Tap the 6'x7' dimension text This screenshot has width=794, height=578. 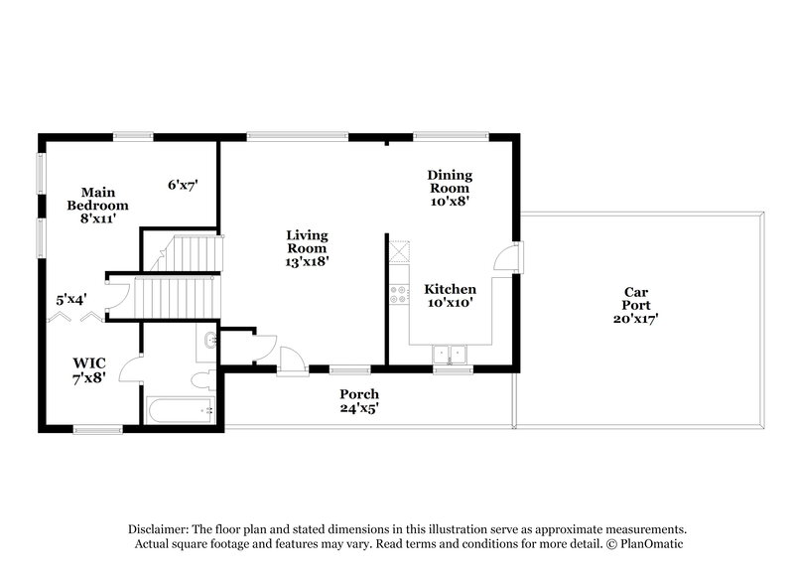click(x=183, y=185)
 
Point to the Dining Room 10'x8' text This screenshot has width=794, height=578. click(x=449, y=187)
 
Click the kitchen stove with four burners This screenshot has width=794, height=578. click(x=399, y=294)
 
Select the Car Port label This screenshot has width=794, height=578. click(x=635, y=305)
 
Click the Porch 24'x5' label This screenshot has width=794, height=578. click(x=358, y=401)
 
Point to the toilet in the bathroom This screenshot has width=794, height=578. click(x=202, y=380)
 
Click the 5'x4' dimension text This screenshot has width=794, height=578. click(x=71, y=297)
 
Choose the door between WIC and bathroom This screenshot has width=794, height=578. click(x=131, y=368)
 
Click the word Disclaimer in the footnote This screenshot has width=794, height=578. click(x=160, y=529)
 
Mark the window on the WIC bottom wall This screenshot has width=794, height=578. click(x=97, y=429)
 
